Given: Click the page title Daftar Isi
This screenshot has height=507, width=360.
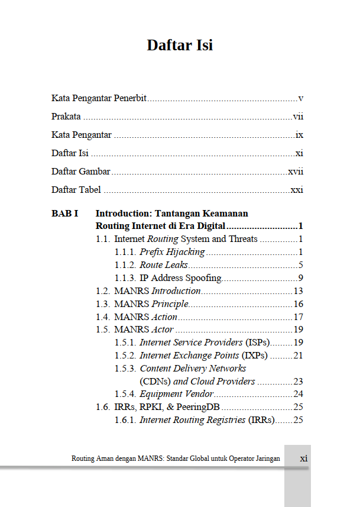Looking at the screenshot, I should click(180, 46).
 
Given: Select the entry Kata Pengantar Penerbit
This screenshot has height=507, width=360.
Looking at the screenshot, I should click(99, 98).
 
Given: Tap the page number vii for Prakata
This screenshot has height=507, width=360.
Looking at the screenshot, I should click(298, 117).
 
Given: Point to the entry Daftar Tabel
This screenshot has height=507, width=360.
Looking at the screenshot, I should click(76, 190).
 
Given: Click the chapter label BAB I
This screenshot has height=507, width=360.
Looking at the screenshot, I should click(65, 213).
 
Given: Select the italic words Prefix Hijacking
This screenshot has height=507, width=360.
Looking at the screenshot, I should click(172, 252).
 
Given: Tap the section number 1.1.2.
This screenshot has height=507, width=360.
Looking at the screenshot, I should click(125, 265).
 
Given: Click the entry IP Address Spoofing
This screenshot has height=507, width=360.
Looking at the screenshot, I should click(180, 278).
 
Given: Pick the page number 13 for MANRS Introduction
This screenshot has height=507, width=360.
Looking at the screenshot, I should click(298, 291).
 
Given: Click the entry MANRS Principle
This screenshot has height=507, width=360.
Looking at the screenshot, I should click(151, 304).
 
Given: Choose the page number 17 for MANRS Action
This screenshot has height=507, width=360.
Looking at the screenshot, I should click(298, 317).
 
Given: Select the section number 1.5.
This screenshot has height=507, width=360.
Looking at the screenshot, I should click(103, 330).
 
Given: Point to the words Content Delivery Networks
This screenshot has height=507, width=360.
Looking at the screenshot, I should click(193, 369).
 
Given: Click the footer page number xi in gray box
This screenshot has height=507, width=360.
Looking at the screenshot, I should click(304, 458).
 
